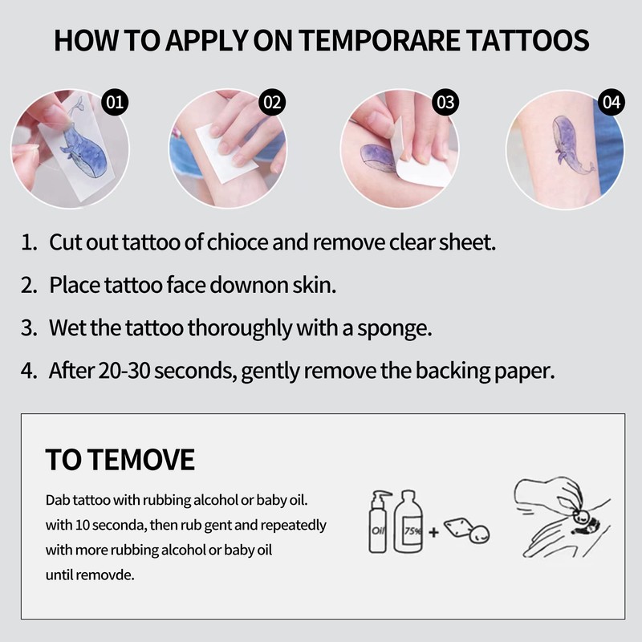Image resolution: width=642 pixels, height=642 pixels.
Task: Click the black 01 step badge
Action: coord(116,103)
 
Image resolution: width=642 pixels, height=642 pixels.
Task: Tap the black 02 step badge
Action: coord(274,103)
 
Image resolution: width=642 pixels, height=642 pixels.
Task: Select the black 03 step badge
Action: coord(445,103)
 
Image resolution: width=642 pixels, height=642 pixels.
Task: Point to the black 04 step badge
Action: coord(612,103)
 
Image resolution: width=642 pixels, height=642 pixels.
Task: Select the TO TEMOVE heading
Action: coord(120,460)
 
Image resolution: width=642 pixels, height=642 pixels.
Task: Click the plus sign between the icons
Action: coord(433,531)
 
